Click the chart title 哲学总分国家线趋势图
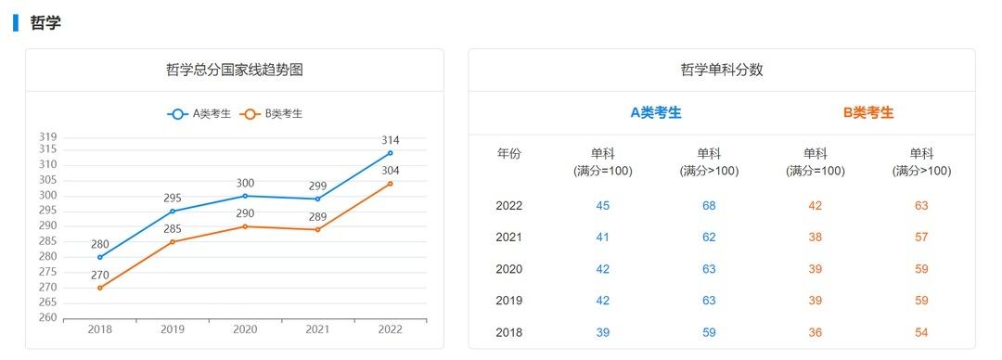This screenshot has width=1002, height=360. [x=234, y=70]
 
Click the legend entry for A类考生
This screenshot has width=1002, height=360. [x=199, y=114]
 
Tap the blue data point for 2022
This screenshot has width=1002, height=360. [x=391, y=152]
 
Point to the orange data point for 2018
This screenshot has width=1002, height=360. [x=100, y=288]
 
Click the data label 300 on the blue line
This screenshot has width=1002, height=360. [x=245, y=184]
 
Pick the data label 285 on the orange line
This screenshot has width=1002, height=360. [x=173, y=229]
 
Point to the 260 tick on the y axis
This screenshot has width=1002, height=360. [x=47, y=318]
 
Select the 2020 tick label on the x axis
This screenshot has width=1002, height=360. [x=245, y=329]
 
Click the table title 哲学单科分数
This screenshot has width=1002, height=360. [x=722, y=70]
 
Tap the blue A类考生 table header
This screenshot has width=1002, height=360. [x=656, y=112]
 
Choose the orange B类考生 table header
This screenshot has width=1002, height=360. [x=868, y=112]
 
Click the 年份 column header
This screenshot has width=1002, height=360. [x=509, y=154]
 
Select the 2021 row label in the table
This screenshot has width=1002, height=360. [x=509, y=238]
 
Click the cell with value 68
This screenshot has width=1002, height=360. [x=709, y=206]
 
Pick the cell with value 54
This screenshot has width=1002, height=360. [x=921, y=332]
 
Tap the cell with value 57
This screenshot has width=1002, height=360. [x=921, y=238]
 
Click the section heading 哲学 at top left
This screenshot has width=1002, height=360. [x=45, y=23]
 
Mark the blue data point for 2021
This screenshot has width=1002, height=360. [x=318, y=199]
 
